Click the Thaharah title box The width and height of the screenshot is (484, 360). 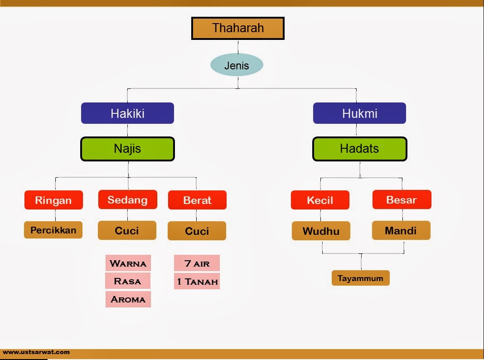pyautogui.click(x=238, y=28)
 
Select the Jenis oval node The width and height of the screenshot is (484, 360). pyautogui.click(x=237, y=65)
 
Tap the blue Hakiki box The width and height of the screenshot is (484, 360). pyautogui.click(x=127, y=113)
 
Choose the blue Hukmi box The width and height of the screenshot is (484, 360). pyautogui.click(x=359, y=113)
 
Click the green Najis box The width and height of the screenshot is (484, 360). pyautogui.click(x=127, y=149)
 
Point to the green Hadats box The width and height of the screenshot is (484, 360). pyautogui.click(x=359, y=149)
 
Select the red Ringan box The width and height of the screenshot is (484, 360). pyautogui.click(x=53, y=200)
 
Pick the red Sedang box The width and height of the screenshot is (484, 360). pyautogui.click(x=127, y=199)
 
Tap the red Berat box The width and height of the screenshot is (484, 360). pyautogui.click(x=197, y=200)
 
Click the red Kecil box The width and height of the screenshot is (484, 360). pyautogui.click(x=320, y=200)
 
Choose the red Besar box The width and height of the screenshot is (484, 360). pyautogui.click(x=402, y=199)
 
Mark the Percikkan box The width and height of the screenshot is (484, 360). pyautogui.click(x=53, y=230)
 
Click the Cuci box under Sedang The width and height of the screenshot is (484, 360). pyautogui.click(x=127, y=230)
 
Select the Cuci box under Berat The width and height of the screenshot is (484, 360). pyautogui.click(x=197, y=231)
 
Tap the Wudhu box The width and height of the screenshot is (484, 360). pyautogui.click(x=321, y=231)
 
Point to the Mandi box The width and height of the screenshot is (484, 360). pyautogui.click(x=401, y=230)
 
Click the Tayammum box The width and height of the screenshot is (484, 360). pyautogui.click(x=360, y=278)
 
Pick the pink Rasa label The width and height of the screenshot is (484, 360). pyautogui.click(x=128, y=281)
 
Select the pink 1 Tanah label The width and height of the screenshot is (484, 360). pyautogui.click(x=197, y=282)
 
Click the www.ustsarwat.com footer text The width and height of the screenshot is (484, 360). pyautogui.click(x=36, y=352)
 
